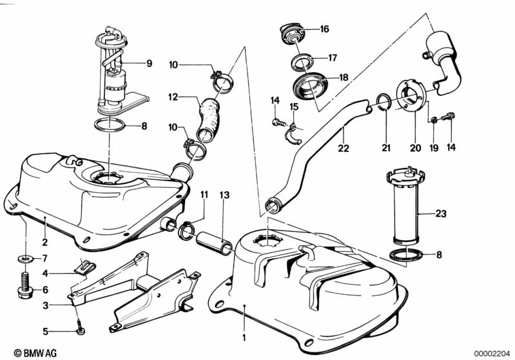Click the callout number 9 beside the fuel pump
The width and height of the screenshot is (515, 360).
click(149, 63)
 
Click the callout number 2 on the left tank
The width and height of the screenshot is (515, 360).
click(45, 243)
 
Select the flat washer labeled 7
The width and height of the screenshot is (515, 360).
click(24, 258)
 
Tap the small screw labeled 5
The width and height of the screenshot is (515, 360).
click(80, 330)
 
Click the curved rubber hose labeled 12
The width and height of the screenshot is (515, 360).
click(209, 116)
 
